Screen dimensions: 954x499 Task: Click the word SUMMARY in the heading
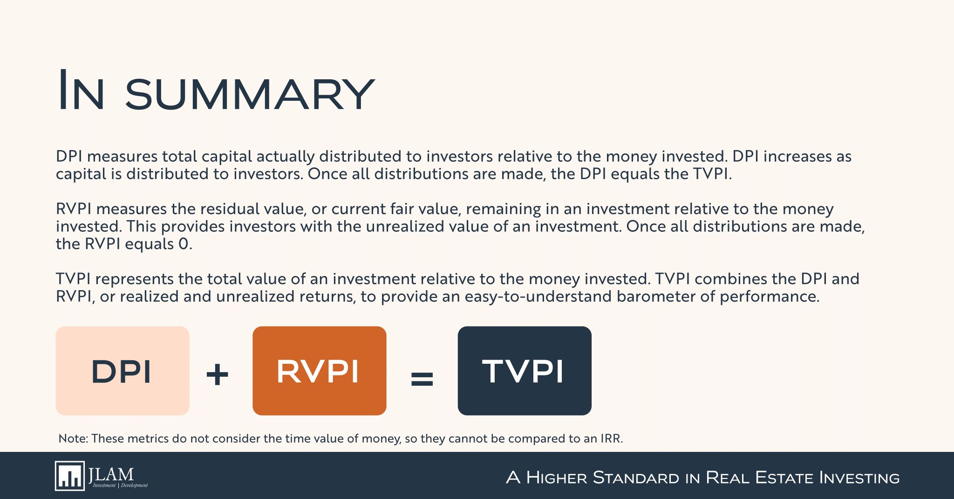pyautogui.click(x=250, y=94)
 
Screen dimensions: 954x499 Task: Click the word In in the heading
pyautogui.click(x=80, y=90)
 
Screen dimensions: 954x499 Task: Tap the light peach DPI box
pyautogui.click(x=123, y=371)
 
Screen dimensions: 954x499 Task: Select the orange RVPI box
pyautogui.click(x=320, y=371)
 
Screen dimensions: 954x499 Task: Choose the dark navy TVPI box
pyautogui.click(x=525, y=371)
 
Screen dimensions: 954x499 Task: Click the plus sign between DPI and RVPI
pyautogui.click(x=217, y=374)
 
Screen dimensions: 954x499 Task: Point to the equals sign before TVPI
pyautogui.click(x=422, y=378)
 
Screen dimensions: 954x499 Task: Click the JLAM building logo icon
pyautogui.click(x=70, y=476)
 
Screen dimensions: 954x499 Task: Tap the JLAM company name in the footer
pyautogui.click(x=111, y=474)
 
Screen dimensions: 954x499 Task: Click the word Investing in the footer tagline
pyautogui.click(x=859, y=478)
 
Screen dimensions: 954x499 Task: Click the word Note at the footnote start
pyautogui.click(x=73, y=438)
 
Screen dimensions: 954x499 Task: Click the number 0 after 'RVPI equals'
pyautogui.click(x=184, y=244)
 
